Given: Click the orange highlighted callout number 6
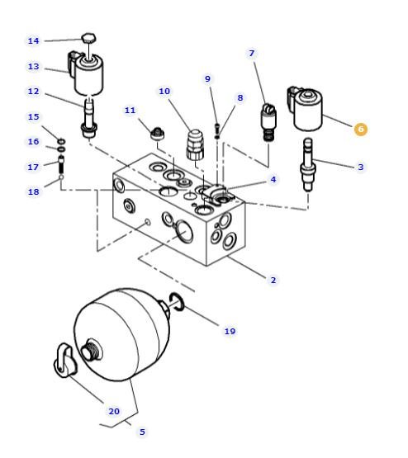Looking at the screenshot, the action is (361, 129).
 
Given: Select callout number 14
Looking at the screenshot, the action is (33, 40).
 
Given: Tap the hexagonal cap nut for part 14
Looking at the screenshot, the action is (88, 39).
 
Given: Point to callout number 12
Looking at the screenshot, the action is (33, 91).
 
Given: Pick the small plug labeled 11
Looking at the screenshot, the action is (157, 134).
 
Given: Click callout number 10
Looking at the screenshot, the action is (164, 91).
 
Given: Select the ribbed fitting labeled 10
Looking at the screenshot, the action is (195, 145).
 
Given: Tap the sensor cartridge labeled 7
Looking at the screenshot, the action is (268, 123).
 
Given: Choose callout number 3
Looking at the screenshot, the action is (361, 167).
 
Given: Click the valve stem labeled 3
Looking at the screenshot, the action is (308, 165).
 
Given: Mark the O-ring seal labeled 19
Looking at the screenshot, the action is (177, 302).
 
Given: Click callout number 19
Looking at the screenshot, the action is (230, 331).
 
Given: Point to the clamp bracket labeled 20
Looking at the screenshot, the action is (65, 361).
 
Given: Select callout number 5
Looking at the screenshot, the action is (142, 432).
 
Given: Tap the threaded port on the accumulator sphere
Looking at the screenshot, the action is (91, 350).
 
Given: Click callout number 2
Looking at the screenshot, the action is (273, 280).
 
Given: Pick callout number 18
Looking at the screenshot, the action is (33, 191).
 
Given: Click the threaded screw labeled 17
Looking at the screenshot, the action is (61, 164).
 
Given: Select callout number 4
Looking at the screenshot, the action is (273, 179).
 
